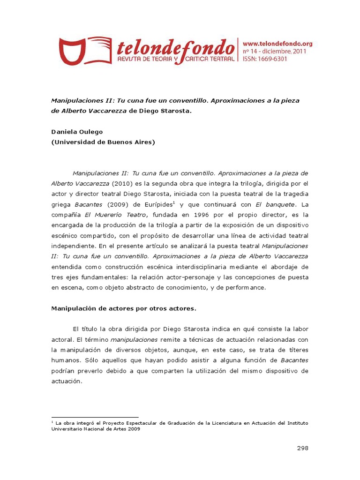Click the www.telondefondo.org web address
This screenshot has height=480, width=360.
tap(277, 44)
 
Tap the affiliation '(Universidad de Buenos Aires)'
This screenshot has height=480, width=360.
tap(103, 142)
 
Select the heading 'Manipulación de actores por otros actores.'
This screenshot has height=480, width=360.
tap(123, 308)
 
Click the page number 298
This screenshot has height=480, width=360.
tap(303, 448)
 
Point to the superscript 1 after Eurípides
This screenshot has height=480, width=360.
tap(174, 202)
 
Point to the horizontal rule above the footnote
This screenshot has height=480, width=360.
tap(95, 417)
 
